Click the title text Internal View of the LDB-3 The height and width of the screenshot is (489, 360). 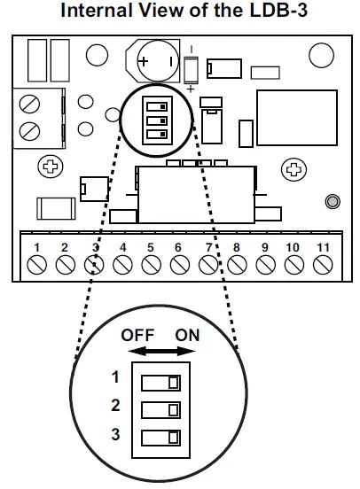click(x=180, y=12)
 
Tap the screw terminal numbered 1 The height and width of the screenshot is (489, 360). click(x=36, y=263)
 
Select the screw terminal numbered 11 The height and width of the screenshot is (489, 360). click(x=324, y=263)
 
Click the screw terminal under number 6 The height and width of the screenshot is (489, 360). click(x=180, y=263)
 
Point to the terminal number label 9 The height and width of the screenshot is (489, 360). click(x=265, y=246)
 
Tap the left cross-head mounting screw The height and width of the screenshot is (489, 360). click(x=51, y=167)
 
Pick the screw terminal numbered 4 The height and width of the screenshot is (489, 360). click(x=122, y=263)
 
